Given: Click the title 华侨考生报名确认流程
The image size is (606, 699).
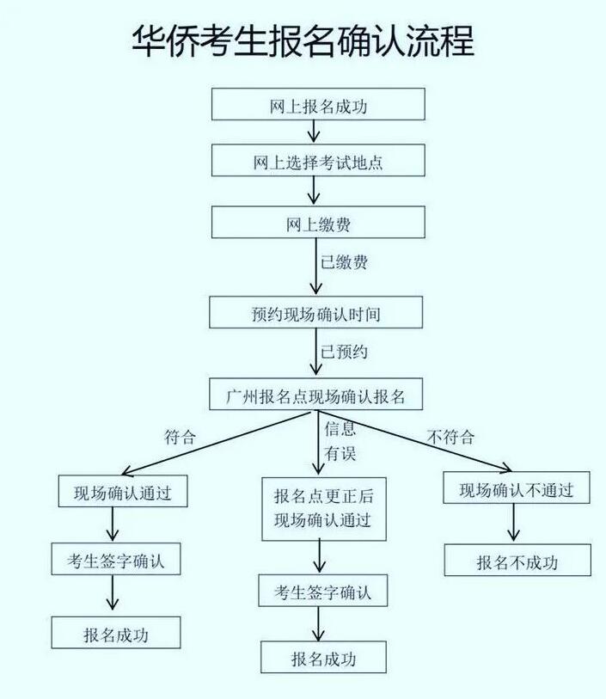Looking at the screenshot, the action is [303, 41].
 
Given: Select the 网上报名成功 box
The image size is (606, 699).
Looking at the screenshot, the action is [318, 104].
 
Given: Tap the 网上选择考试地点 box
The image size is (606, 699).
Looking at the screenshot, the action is [318, 160].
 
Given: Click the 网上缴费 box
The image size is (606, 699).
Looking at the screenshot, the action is [318, 222].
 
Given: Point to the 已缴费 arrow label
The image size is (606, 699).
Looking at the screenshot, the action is [345, 261].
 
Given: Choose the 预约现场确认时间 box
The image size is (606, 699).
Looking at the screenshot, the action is [316, 312].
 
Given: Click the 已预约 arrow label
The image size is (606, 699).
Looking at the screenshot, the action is [345, 352].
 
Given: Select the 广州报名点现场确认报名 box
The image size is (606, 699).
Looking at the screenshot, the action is [316, 394].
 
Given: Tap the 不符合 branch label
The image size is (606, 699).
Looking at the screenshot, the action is [450, 437].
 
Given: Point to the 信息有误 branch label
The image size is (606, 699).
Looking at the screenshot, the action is [340, 441].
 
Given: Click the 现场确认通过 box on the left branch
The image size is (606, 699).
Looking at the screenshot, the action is [123, 491].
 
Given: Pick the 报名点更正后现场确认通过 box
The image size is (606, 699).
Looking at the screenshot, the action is [324, 509].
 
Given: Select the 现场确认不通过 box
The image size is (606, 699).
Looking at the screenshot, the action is [517, 487].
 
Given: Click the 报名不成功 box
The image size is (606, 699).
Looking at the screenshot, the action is [517, 560].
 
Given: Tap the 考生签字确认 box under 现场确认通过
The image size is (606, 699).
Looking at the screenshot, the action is [116, 559].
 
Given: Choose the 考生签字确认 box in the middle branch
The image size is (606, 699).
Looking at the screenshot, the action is [323, 591].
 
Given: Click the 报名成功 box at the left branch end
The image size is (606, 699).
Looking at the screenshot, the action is [116, 633].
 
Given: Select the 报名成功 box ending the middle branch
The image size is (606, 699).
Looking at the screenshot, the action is [323, 657].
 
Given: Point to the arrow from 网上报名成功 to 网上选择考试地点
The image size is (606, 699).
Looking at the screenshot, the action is [314, 132].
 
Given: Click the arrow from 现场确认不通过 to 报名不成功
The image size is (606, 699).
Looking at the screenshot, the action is [514, 523].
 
